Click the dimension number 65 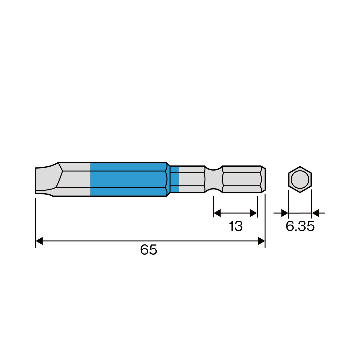tap(149, 250)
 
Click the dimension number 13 tap(236, 226)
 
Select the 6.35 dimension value tap(300, 226)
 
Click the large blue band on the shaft tap(128, 179)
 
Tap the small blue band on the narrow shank tap(174, 179)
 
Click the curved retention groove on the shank tap(214, 179)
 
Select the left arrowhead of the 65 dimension tap(39, 241)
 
